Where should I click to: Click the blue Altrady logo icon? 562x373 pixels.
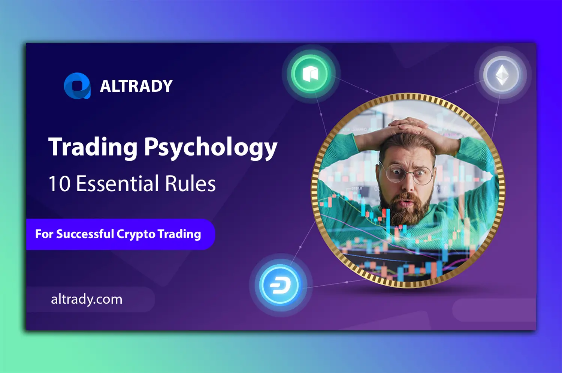click(77, 86)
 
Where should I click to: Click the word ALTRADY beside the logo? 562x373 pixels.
click(136, 86)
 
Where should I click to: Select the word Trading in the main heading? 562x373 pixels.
click(93, 147)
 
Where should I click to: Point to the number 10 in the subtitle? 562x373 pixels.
click(59, 184)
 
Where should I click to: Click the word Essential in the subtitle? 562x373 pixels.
click(118, 184)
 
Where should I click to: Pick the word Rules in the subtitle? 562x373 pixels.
click(190, 184)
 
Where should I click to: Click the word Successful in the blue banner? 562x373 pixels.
click(85, 234)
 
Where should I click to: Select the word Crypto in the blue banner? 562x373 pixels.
click(136, 234)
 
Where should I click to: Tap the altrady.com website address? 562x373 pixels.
click(87, 299)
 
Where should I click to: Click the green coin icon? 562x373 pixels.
click(310, 74)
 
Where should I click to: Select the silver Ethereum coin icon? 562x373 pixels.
click(502, 75)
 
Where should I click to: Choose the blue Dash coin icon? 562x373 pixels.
click(280, 285)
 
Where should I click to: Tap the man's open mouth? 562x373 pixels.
click(407, 204)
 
